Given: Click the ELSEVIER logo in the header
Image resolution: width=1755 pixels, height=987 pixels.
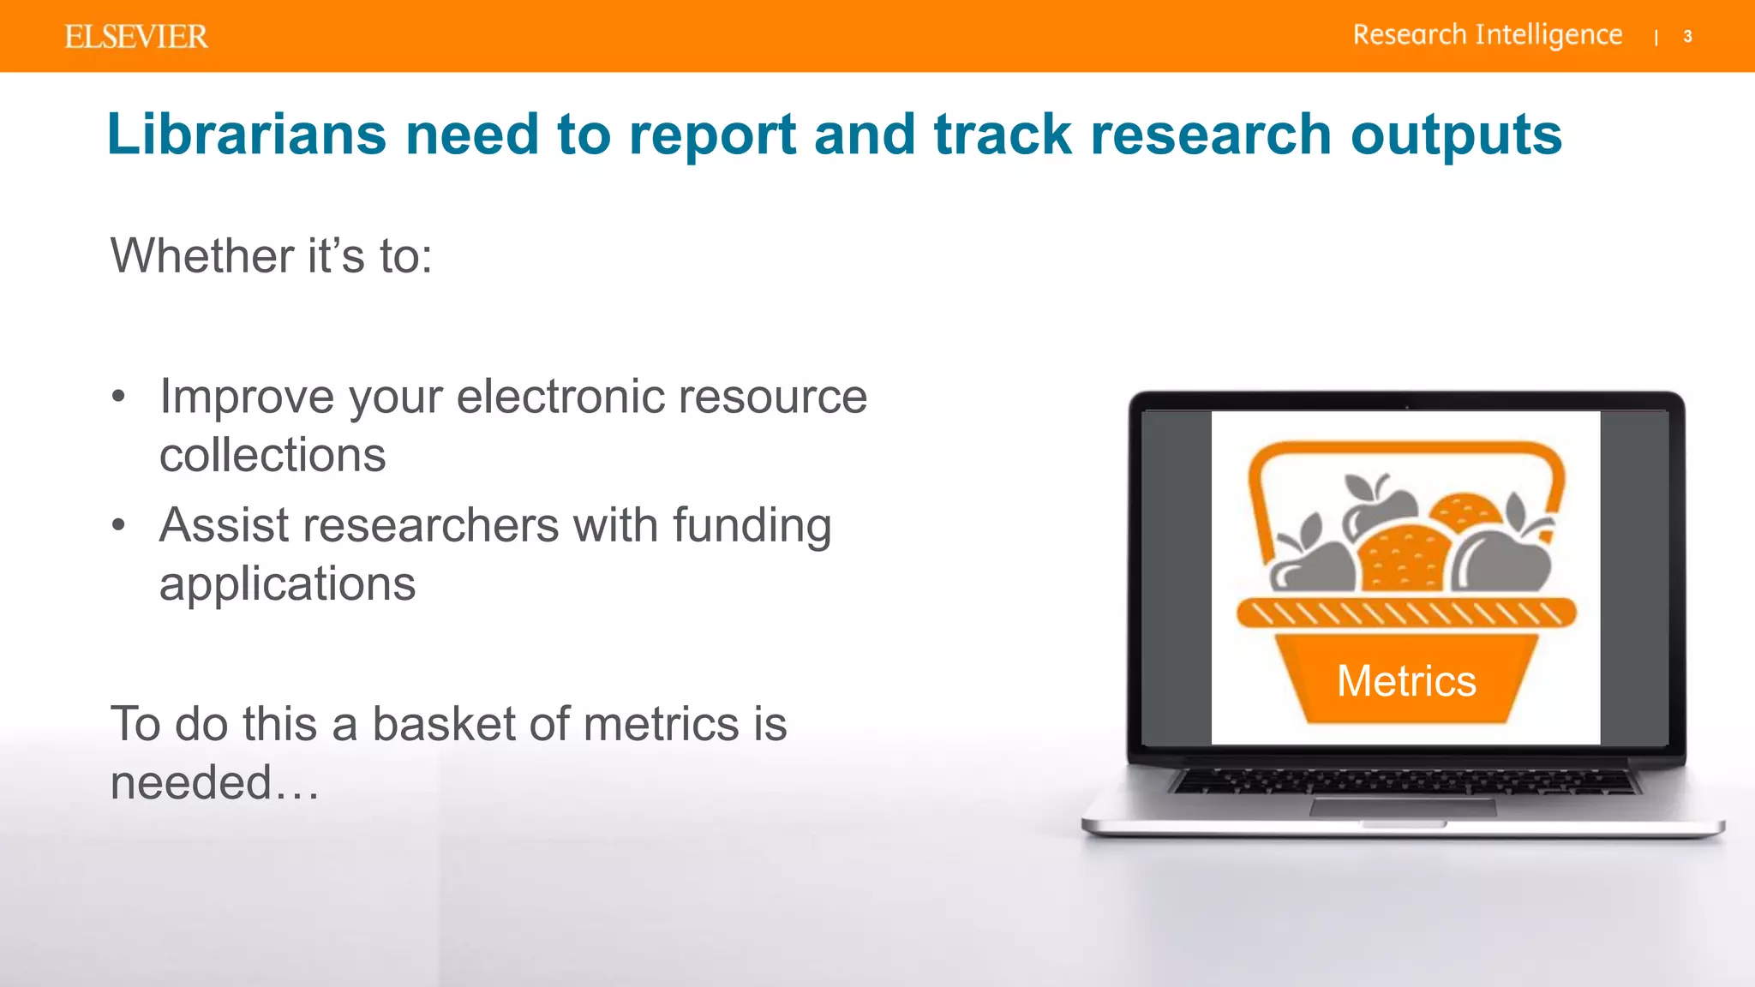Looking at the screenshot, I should tap(135, 37).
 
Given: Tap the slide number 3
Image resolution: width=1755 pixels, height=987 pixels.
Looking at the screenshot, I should tap(1687, 37).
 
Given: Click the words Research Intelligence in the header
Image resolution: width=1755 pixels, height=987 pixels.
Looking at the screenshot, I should tap(1487, 35).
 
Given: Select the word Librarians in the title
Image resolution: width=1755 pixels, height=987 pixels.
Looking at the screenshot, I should tap(246, 135).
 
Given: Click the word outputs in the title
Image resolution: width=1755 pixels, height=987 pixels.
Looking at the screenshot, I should tap(1456, 136).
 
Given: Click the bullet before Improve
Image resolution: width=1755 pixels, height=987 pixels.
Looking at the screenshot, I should tap(118, 397).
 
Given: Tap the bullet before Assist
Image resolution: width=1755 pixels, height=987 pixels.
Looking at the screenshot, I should tap(118, 525).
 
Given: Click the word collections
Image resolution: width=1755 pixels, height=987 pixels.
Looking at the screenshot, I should tap(273, 455).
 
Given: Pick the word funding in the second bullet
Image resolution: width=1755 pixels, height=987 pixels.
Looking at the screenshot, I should tap(752, 526).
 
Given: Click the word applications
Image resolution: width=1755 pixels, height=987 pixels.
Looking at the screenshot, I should tap(287, 585).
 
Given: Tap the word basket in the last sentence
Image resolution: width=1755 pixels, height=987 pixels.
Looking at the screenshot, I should tap(444, 724).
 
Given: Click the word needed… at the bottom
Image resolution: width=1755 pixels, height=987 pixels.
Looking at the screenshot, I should tap(214, 782).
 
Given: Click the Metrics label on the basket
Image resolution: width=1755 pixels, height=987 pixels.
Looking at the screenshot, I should tap(1406, 681).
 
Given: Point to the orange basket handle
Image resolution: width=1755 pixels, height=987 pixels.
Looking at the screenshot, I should tap(1405, 451).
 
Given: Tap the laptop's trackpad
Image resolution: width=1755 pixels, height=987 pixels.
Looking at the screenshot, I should tap(1403, 807).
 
